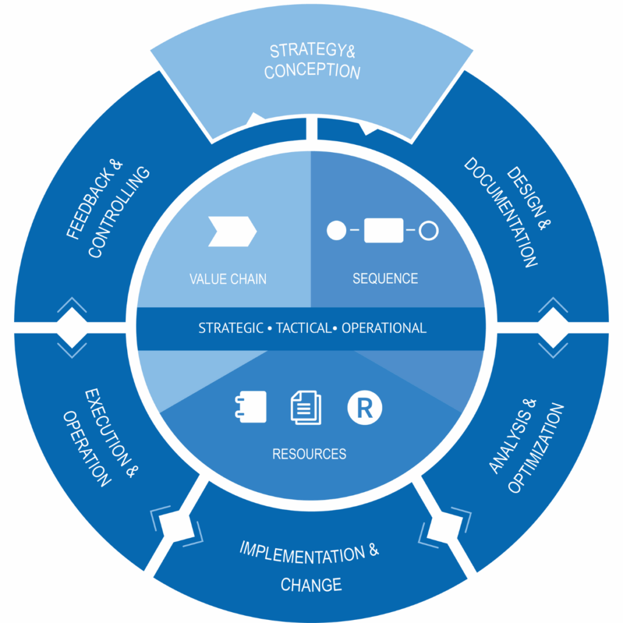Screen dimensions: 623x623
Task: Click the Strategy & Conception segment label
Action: tap(311, 61)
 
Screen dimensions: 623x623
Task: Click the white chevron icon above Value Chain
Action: tap(232, 231)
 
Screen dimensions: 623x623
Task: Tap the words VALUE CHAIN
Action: tap(228, 279)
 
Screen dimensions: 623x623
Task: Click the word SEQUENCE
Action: tap(385, 279)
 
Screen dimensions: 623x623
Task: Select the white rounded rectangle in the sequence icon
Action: tap(383, 231)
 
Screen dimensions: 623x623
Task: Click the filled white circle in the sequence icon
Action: tap(336, 231)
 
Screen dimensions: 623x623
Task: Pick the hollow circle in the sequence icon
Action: tap(430, 231)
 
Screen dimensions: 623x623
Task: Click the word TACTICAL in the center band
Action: tap(302, 329)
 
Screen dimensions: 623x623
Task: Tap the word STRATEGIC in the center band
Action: tap(231, 329)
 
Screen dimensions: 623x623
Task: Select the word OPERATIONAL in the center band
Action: tap(384, 329)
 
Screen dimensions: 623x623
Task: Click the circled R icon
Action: tap(364, 408)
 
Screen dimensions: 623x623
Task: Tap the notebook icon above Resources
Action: tap(251, 407)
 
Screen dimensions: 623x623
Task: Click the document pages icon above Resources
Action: tap(305, 407)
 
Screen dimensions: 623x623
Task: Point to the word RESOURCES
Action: tap(309, 454)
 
